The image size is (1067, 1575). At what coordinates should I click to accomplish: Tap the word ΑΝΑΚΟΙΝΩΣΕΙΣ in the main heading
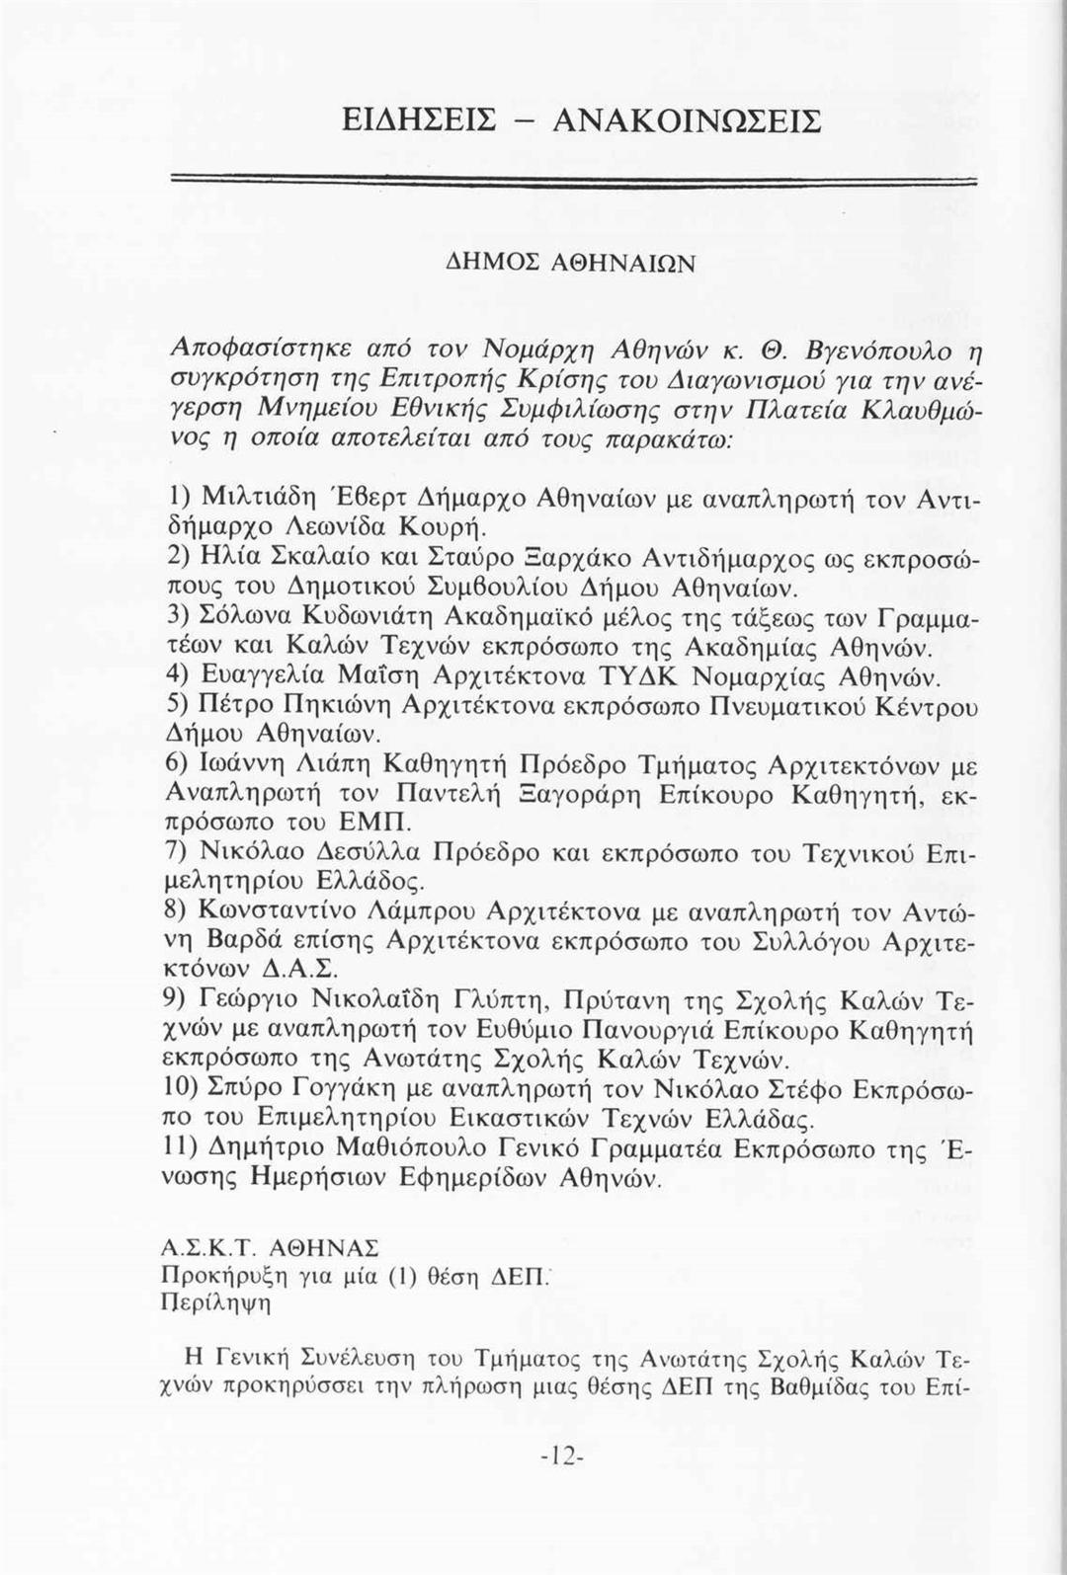[x=686, y=121]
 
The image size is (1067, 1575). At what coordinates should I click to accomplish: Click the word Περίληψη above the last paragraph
[x=213, y=1302]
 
